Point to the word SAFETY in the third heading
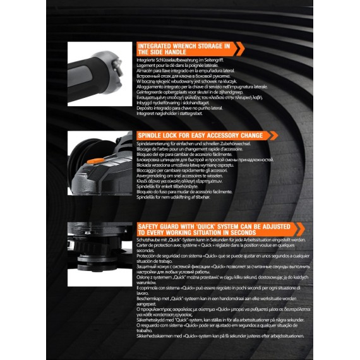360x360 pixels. (150, 227)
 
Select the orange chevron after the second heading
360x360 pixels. (272, 135)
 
